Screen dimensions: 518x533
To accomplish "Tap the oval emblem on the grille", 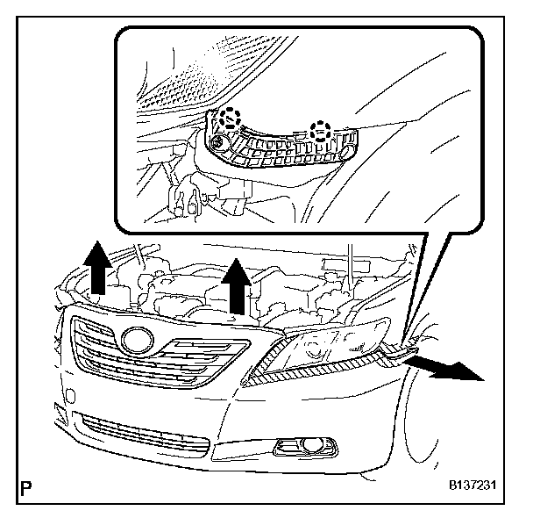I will tap(139, 338).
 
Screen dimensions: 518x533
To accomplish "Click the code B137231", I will tap(476, 486).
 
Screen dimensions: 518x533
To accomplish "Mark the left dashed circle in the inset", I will tap(231, 118).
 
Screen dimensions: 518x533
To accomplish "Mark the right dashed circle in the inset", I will tap(323, 133).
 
